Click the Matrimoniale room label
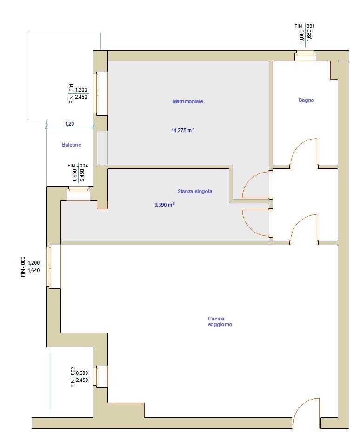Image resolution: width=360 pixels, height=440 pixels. click(188, 101)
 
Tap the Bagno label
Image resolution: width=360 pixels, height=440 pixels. click(306, 100)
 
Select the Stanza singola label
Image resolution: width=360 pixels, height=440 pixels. click(195, 191)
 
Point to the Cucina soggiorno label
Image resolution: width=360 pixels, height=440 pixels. click(220, 321)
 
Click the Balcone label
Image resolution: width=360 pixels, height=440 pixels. click(72, 145)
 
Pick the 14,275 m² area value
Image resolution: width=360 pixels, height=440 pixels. click(183, 130)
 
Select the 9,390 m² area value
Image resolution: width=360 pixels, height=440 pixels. click(165, 205)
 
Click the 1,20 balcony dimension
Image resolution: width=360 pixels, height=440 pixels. click(69, 123)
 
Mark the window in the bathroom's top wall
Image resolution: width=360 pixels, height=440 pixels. click(305, 55)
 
